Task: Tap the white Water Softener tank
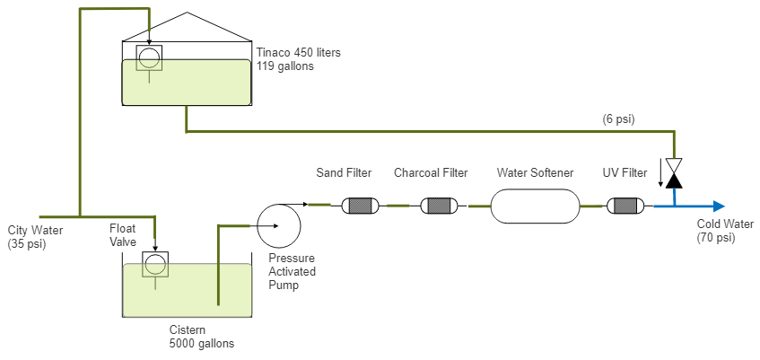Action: pyautogui.click(x=535, y=206)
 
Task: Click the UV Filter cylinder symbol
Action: pyautogui.click(x=625, y=206)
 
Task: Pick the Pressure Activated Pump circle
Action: pyautogui.click(x=278, y=225)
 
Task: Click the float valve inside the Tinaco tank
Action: pyautogui.click(x=148, y=59)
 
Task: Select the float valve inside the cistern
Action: pyautogui.click(x=155, y=265)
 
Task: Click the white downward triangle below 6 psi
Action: pyautogui.click(x=675, y=166)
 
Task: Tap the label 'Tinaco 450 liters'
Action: pyautogui.click(x=299, y=53)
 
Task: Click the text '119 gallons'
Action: pyautogui.click(x=285, y=66)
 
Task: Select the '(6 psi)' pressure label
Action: pyautogui.click(x=619, y=119)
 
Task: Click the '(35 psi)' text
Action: pyautogui.click(x=25, y=243)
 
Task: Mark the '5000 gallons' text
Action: pyautogui.click(x=202, y=342)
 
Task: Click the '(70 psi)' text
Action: pyautogui.click(x=716, y=238)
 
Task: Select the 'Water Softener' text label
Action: pyautogui.click(x=535, y=172)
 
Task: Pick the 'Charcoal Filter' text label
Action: pyautogui.click(x=431, y=172)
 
